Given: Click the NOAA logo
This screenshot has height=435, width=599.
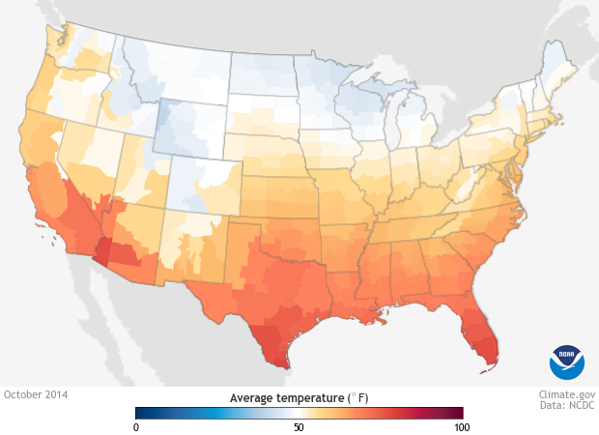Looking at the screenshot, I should click(x=567, y=362).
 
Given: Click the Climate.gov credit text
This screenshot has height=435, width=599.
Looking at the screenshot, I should click(x=566, y=394).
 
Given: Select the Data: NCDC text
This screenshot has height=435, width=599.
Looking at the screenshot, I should click(x=567, y=407).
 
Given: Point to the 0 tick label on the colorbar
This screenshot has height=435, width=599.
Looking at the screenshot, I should click(x=136, y=426).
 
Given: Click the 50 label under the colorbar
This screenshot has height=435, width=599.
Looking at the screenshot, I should click(x=299, y=426).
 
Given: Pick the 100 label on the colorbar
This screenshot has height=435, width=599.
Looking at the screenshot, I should click(x=461, y=426).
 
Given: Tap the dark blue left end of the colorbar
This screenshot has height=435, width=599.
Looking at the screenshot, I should click(x=141, y=413).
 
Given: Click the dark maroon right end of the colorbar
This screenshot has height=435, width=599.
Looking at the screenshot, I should click(x=458, y=413).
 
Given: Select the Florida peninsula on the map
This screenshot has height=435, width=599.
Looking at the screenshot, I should click(x=482, y=333).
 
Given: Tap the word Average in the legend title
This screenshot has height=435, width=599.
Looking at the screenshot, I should click(x=249, y=398).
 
